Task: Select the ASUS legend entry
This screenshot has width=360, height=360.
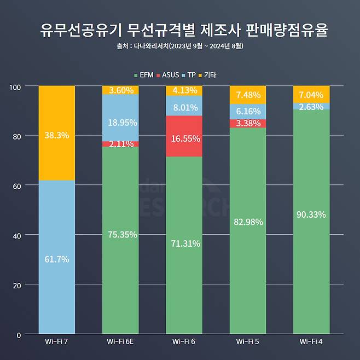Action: (x=168, y=75)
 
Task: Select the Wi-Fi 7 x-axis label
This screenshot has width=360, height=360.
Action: (x=57, y=342)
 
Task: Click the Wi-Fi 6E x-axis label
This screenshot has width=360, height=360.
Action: (x=120, y=342)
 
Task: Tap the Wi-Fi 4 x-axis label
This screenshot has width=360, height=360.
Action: (x=311, y=342)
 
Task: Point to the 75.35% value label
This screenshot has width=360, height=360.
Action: (x=121, y=235)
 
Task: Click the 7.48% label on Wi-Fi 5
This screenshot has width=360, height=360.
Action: (x=248, y=95)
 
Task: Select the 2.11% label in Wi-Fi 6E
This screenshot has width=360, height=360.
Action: (x=121, y=144)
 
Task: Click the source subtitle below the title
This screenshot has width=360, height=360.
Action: (x=180, y=47)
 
